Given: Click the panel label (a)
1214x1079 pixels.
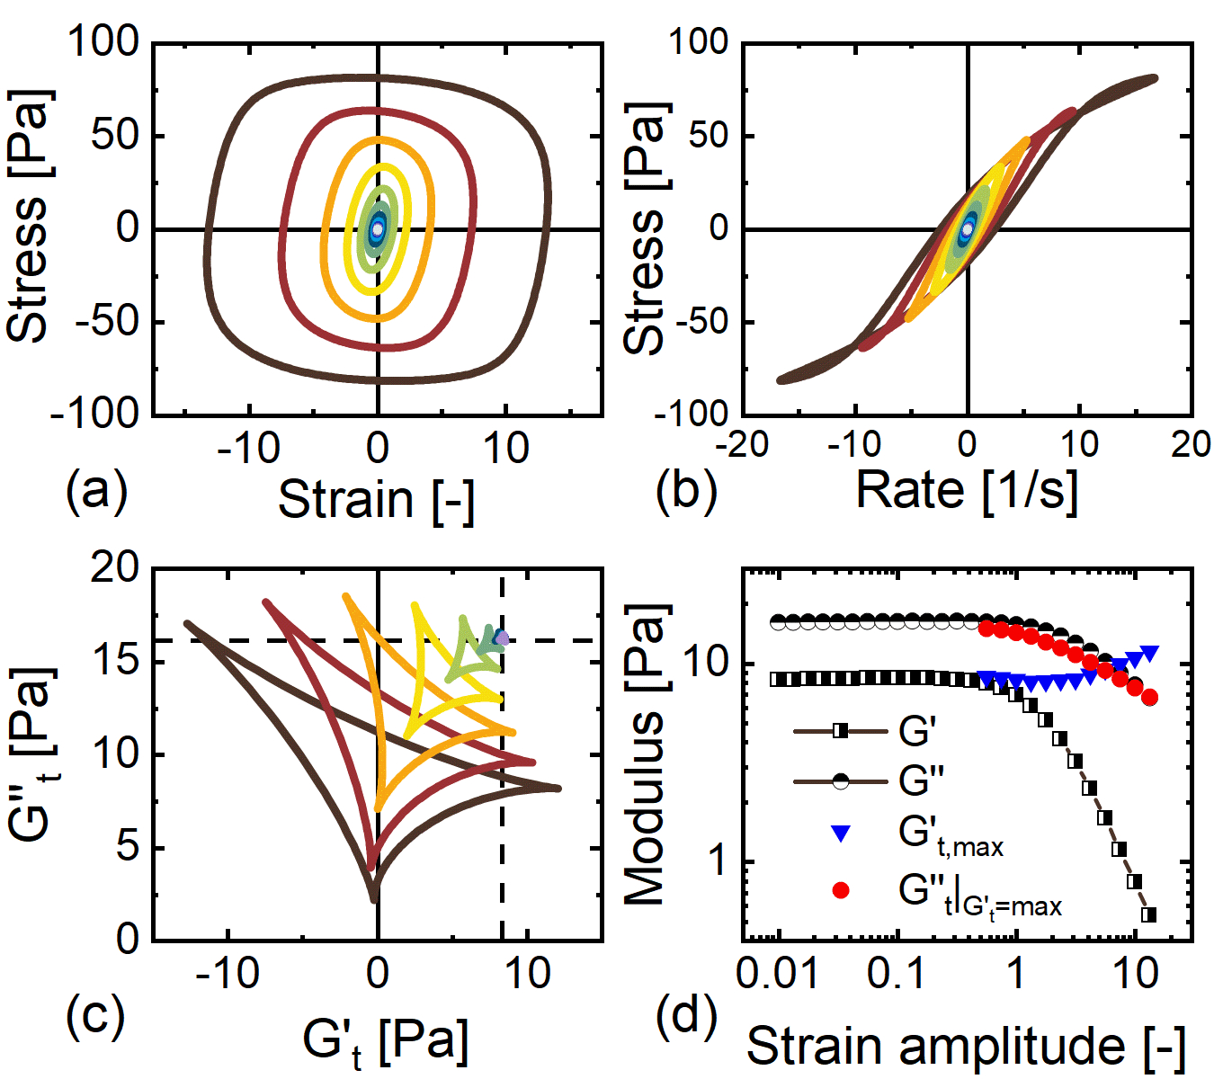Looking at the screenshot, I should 97,490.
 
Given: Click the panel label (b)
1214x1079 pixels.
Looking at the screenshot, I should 686,490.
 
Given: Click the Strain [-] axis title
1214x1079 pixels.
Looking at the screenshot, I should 376,499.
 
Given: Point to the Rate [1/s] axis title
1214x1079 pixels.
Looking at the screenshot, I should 966,490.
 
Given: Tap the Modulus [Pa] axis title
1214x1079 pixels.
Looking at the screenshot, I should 646,754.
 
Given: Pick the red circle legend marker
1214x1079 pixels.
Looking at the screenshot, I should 841,890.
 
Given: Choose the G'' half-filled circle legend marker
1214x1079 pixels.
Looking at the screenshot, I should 841,781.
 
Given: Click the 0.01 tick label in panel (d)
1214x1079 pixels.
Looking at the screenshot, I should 779,972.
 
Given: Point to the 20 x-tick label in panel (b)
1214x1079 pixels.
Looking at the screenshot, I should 1190,443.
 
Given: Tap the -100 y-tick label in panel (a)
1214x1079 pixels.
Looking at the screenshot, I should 94,414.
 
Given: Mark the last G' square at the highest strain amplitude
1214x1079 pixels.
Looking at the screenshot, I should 1149,914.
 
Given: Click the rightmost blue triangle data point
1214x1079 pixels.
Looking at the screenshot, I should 1149,654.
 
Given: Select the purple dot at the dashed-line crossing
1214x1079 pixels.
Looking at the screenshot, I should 502,638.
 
